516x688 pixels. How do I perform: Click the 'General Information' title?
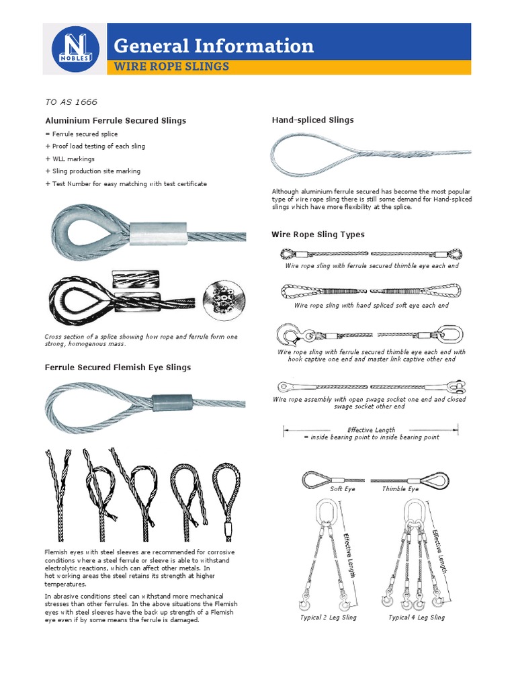point(214,46)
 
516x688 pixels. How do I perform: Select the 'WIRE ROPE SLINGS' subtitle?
point(171,67)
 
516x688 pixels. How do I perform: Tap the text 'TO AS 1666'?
point(71,102)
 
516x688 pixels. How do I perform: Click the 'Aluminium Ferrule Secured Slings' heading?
point(116,121)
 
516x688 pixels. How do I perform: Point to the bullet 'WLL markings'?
point(70,159)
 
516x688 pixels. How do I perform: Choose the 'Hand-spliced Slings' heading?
point(312,120)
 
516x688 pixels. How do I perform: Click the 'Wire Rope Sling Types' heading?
point(318,234)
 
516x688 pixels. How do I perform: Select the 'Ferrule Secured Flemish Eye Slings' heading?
point(118,368)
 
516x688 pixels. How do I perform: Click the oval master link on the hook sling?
point(453,333)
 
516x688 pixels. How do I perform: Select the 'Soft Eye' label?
point(342,489)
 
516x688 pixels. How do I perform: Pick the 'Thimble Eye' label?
point(400,489)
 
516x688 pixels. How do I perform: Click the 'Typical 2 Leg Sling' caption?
point(329,617)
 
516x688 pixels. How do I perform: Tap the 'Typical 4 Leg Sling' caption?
point(417,617)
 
